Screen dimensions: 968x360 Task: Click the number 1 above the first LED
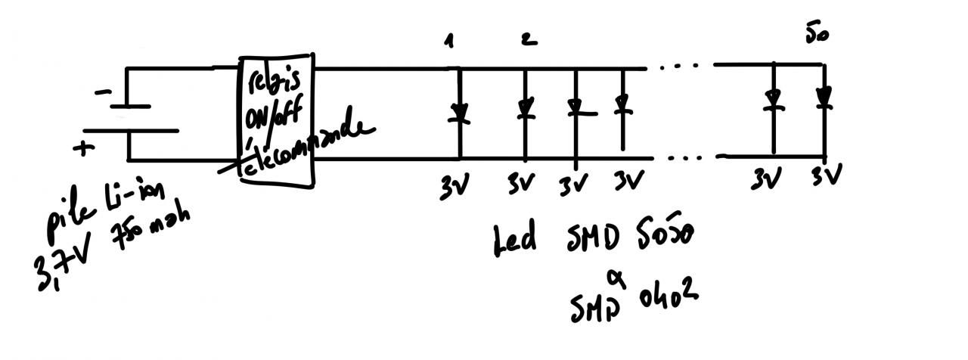451,42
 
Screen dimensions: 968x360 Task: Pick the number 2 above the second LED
529,40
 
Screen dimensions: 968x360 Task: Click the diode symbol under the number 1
458,113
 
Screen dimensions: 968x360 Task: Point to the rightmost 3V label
826,178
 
